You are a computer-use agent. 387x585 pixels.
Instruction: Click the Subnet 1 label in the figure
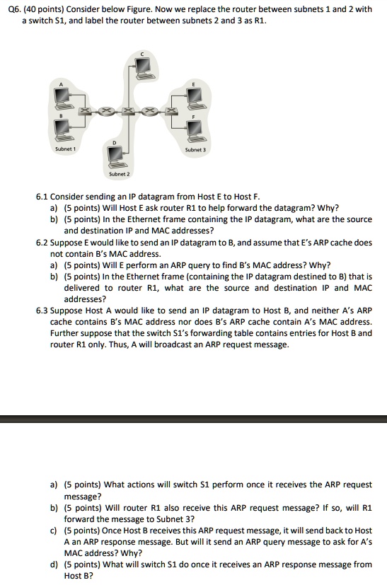pos(65,149)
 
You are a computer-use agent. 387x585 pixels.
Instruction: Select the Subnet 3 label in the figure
pos(195,149)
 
